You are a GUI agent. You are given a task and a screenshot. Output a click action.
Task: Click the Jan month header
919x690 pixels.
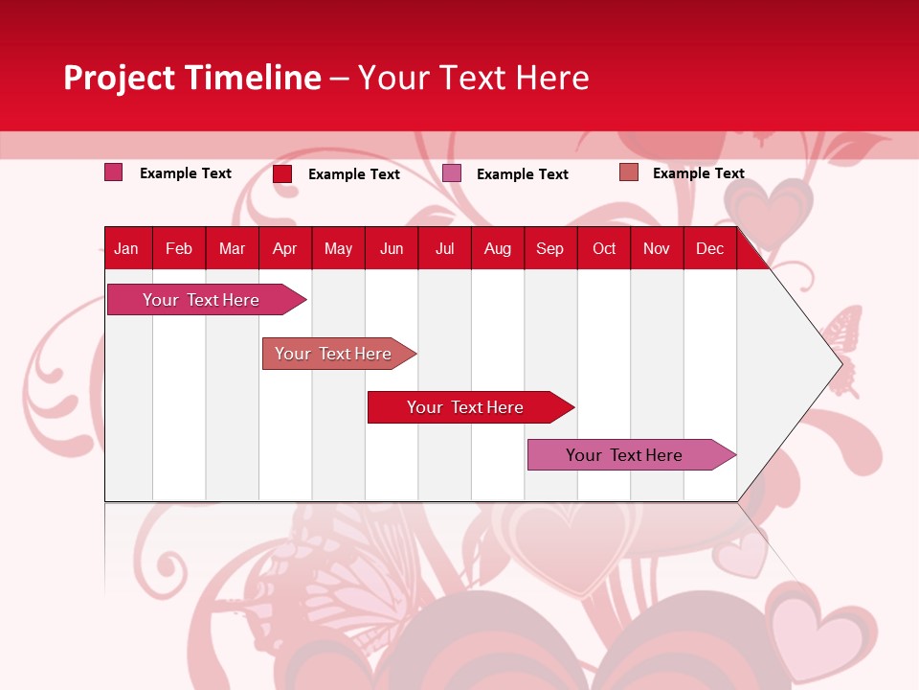click(126, 248)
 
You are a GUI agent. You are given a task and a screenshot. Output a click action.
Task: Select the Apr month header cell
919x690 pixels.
click(284, 248)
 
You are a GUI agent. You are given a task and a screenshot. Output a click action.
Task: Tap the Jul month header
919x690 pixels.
click(444, 248)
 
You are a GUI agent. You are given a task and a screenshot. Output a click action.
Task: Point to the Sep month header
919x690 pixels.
click(549, 248)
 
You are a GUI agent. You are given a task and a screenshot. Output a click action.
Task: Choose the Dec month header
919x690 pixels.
click(709, 248)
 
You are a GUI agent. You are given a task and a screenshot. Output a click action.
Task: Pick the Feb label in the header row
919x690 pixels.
click(179, 248)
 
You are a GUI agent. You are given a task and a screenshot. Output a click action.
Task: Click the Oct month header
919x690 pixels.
click(604, 248)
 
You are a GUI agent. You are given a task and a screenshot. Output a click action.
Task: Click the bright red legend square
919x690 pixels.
click(282, 173)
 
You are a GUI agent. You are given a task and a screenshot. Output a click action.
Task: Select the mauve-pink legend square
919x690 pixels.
click(452, 172)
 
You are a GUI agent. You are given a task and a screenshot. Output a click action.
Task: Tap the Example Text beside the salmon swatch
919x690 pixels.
click(698, 173)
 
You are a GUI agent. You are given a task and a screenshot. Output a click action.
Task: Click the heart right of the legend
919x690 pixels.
click(768, 207)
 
